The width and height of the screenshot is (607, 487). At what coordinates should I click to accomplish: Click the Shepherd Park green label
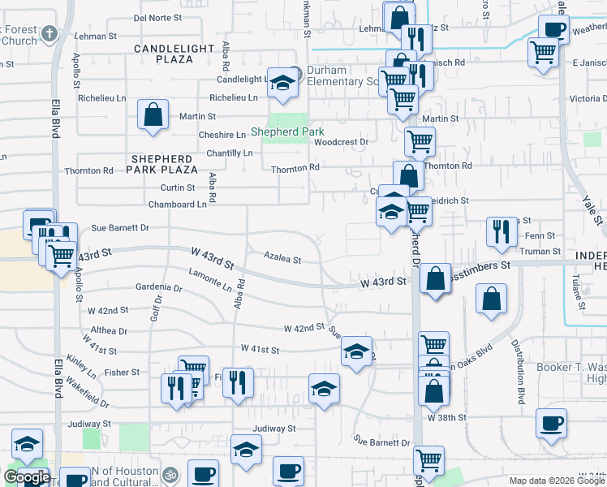coord(287,132)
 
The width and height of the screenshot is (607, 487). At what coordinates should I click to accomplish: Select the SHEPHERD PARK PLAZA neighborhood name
coord(161,164)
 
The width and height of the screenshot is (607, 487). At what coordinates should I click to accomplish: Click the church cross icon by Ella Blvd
coord(49,33)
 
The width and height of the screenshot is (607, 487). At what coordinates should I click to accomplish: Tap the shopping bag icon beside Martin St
coord(153,114)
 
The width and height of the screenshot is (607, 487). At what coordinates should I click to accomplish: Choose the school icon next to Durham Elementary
coord(282,83)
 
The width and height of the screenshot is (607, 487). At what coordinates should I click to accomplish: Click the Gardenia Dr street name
coord(159,287)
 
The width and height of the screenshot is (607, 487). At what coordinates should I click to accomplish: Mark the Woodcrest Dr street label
coord(342,141)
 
